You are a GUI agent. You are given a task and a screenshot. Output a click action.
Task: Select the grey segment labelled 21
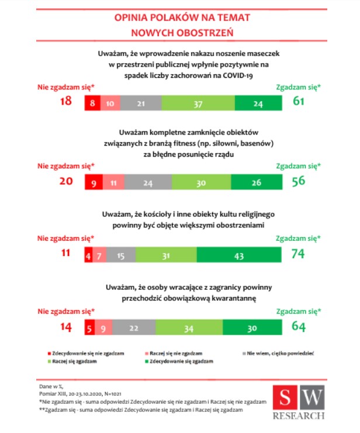pyautogui.click(x=141, y=103)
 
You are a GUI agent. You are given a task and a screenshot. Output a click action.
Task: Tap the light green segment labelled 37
pyautogui.click(x=198, y=103)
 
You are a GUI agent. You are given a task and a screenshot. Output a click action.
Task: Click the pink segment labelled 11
pyautogui.click(x=114, y=182)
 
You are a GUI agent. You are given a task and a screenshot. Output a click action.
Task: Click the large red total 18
pyautogui.click(x=66, y=102)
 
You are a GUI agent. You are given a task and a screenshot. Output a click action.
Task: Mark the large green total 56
pyautogui.click(x=298, y=181)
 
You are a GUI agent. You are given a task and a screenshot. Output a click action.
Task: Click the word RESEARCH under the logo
pyautogui.click(x=299, y=416)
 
